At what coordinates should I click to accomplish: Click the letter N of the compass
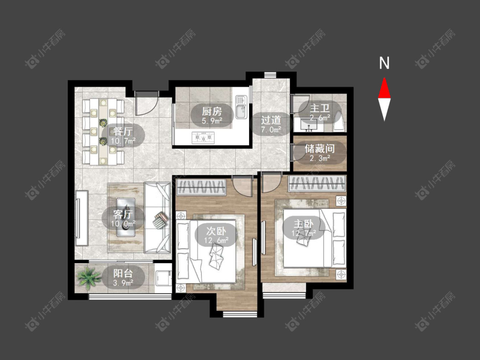coord(384,63)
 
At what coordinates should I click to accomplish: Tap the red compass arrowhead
coord(384,88)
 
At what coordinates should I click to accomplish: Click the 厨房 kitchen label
coord(212,111)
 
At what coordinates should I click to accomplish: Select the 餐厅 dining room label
coord(123,131)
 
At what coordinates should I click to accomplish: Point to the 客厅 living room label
coord(123,214)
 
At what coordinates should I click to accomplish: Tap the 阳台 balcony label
coord(123,273)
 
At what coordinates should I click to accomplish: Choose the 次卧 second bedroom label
coord(216,231)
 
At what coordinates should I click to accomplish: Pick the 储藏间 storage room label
coord(320,149)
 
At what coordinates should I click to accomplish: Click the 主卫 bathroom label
coord(320,108)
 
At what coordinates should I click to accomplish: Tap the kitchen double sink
coord(241,107)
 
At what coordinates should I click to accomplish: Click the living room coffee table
coord(125,218)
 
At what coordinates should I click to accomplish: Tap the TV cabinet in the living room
coord(81,218)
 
